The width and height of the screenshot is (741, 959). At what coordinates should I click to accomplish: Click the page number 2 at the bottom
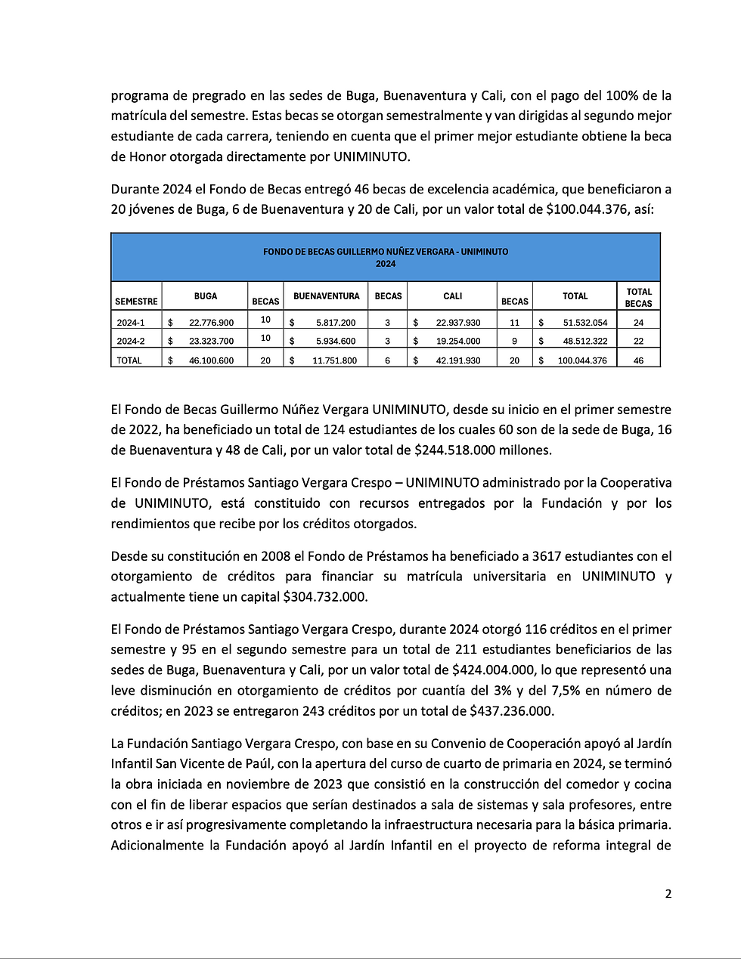pyautogui.click(x=668, y=894)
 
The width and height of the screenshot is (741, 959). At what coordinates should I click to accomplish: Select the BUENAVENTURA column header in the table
pyautogui.click(x=327, y=296)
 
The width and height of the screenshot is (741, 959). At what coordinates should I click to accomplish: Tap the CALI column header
pyautogui.click(x=453, y=296)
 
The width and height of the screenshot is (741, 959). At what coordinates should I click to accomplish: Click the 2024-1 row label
pyautogui.click(x=130, y=323)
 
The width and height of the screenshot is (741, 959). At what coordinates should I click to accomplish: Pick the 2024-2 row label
pyautogui.click(x=130, y=342)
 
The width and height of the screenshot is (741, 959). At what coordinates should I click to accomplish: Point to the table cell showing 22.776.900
pyautogui.click(x=211, y=323)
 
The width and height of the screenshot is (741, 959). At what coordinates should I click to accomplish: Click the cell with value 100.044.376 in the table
pyautogui.click(x=582, y=360)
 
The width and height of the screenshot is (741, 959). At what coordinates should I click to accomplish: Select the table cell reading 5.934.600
pyautogui.click(x=336, y=342)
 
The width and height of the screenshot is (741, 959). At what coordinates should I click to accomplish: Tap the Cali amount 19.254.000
pyautogui.click(x=457, y=342)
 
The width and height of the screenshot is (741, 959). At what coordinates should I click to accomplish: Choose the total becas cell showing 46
pyautogui.click(x=638, y=360)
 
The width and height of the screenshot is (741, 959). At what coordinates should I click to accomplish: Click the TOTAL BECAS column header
pyautogui.click(x=638, y=297)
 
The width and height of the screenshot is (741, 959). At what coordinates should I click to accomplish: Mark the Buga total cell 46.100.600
pyautogui.click(x=211, y=360)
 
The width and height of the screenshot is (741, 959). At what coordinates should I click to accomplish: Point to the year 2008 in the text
pyautogui.click(x=276, y=556)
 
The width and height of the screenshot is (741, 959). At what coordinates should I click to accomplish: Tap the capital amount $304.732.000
pyautogui.click(x=325, y=597)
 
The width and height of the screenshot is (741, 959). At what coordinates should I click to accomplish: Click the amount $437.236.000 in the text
pyautogui.click(x=511, y=711)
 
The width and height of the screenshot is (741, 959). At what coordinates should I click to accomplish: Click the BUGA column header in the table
pyautogui.click(x=206, y=296)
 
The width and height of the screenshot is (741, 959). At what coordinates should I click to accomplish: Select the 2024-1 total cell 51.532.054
pyautogui.click(x=584, y=323)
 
